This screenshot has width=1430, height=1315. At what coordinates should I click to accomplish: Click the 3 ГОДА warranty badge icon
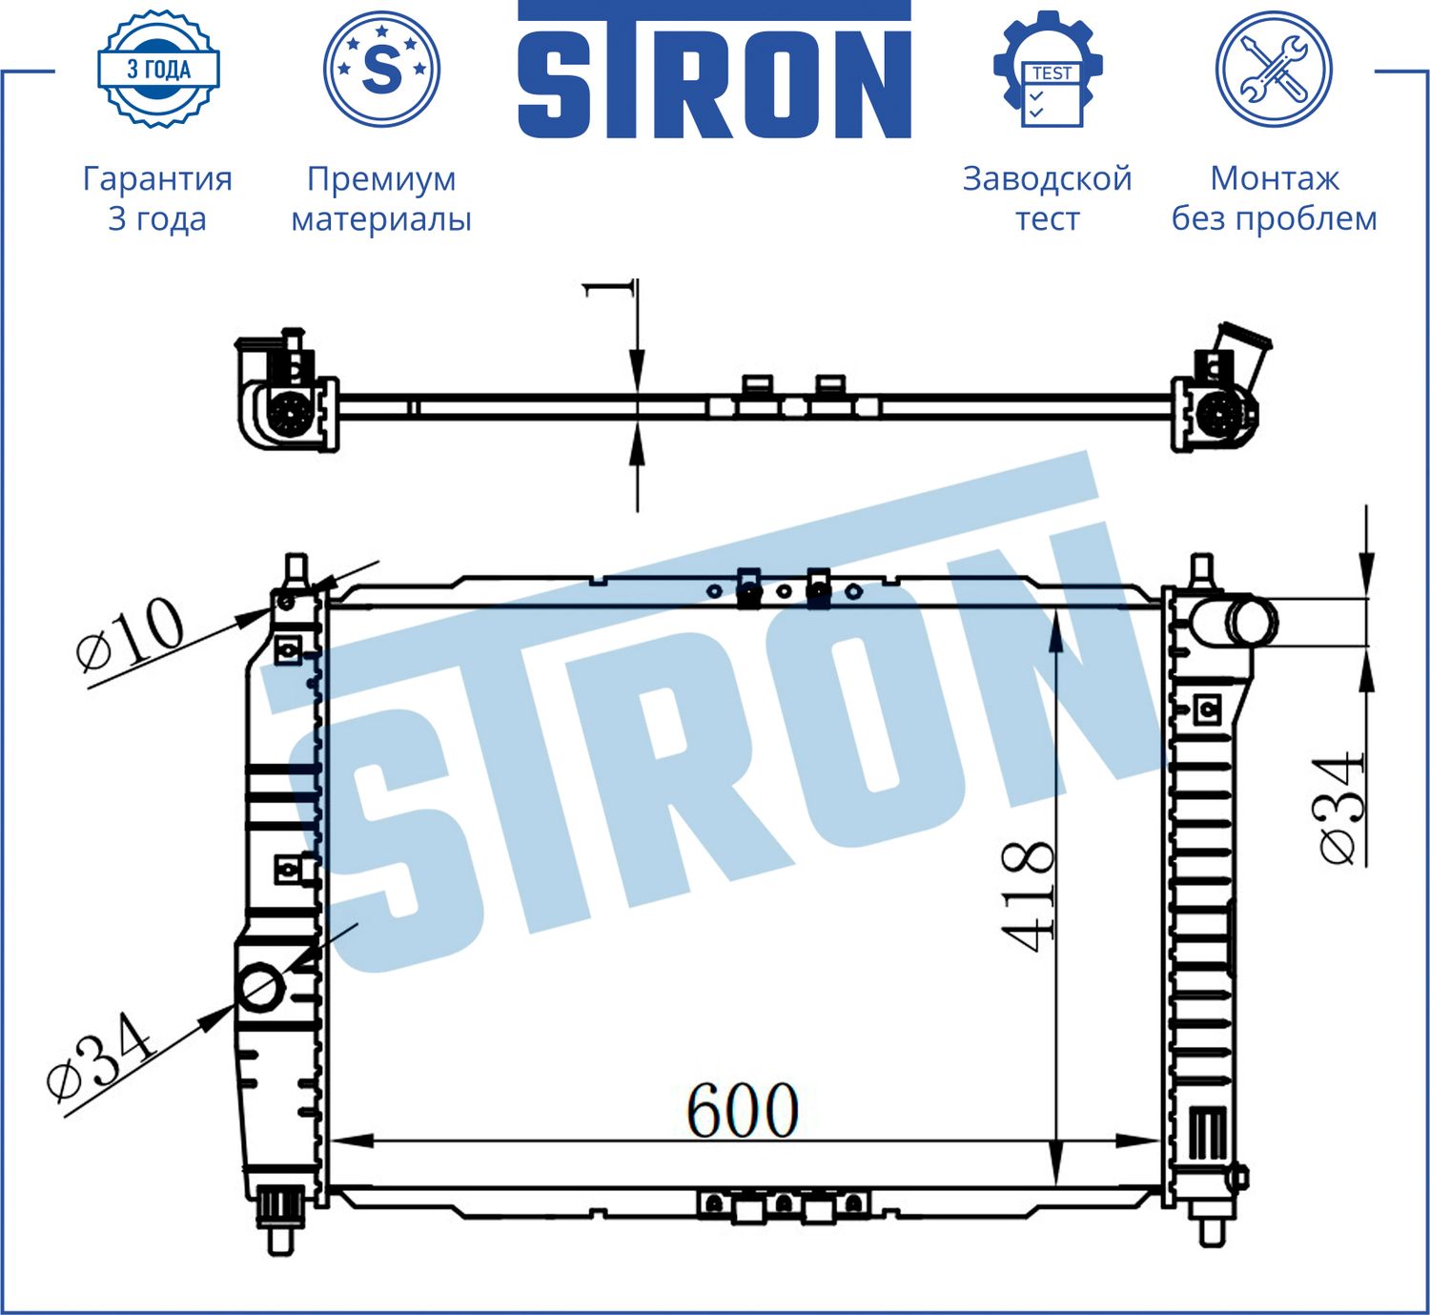tap(158, 69)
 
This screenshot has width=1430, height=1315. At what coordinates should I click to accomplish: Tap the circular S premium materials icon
tap(381, 69)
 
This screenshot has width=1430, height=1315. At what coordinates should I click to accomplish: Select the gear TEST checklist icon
tap(1048, 71)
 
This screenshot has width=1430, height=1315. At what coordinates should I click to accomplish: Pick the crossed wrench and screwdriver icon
tap(1274, 69)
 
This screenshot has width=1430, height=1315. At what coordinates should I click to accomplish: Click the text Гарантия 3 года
tap(157, 198)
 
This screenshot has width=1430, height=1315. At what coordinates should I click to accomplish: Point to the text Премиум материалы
tap(381, 198)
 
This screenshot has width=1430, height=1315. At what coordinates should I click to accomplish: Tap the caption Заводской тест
tap(1047, 198)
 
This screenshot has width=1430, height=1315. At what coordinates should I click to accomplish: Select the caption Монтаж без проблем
tap(1274, 198)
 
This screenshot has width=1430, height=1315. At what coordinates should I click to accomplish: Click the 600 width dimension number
tap(742, 1110)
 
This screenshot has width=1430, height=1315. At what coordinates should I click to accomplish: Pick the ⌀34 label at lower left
tap(100, 1059)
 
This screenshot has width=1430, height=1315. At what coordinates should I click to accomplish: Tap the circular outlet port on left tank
tap(260, 988)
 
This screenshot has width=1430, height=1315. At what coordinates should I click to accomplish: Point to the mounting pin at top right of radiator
tap(1201, 569)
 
